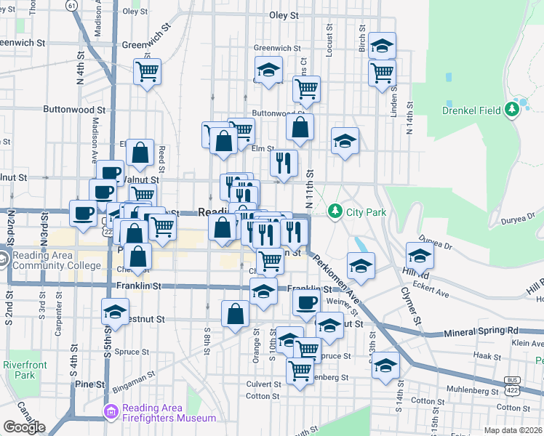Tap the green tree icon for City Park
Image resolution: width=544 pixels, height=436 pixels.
click(335, 211)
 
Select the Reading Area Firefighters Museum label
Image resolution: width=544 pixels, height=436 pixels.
click(169, 413)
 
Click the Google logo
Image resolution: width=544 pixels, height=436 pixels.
click(24, 427)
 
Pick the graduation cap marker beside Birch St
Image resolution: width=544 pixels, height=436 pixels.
click(382, 46)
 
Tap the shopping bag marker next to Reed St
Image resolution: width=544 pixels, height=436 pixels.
click(140, 153)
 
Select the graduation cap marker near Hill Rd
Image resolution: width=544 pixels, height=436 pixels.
click(420, 255)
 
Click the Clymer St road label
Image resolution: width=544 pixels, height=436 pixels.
click(410, 304)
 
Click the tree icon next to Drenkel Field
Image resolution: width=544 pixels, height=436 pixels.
click(513, 110)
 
